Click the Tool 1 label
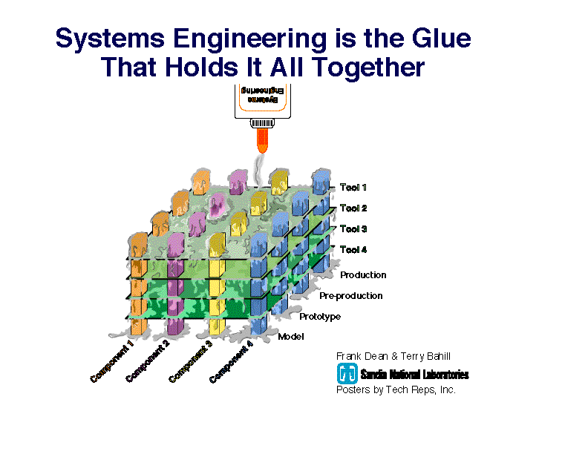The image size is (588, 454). [353, 187]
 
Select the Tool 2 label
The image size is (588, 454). [353, 208]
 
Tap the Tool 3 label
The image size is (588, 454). [353, 229]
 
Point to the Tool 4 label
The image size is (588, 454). [353, 249]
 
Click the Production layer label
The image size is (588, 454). [363, 275]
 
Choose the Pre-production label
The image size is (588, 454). [351, 296]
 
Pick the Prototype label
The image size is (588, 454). [320, 317]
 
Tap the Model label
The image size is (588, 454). [290, 337]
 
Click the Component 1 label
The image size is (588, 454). [112, 361]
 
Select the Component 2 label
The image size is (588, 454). [148, 361]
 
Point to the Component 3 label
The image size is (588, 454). [191, 361]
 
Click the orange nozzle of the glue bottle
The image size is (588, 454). [263, 140]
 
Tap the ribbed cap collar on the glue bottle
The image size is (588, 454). [263, 123]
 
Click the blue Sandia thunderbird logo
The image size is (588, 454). [347, 373]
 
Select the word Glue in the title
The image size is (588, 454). [442, 39]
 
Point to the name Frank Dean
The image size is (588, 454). [362, 356]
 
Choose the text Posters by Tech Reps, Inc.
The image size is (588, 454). [396, 390]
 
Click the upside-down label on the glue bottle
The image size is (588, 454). [263, 96]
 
